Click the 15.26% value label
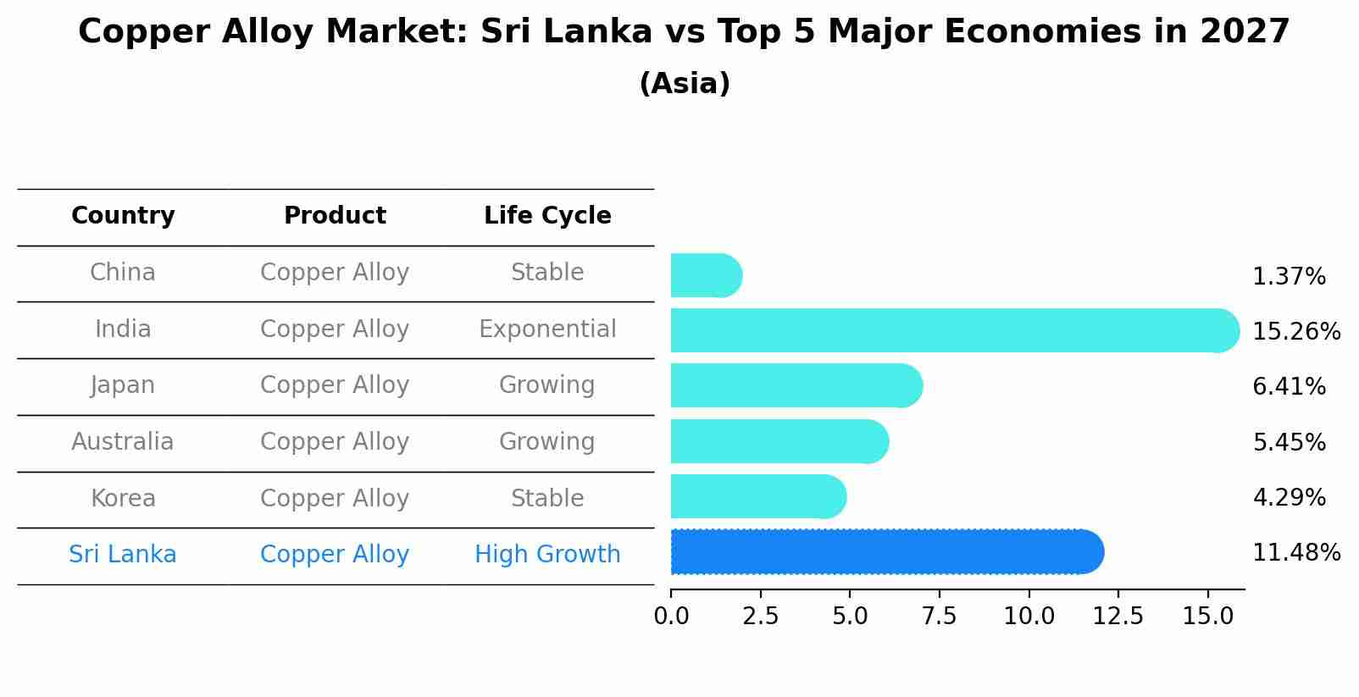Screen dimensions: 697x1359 coord(1295,332)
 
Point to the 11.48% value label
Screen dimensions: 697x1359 coord(1295,553)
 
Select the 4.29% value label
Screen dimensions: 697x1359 coord(1289,498)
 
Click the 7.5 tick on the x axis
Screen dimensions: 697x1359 coord(939,617)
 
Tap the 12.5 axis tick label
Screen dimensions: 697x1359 coord(1118,617)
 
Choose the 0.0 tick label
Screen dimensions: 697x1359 coord(671,617)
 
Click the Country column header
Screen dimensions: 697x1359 coord(123,216)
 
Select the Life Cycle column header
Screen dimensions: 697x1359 coord(547,216)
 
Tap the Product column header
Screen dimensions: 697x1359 coord(335,216)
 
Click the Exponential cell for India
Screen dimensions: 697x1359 coord(547,329)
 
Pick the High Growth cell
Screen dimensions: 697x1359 coord(547,555)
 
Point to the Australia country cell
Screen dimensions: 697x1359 coord(123,442)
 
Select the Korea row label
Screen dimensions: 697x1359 coord(123,499)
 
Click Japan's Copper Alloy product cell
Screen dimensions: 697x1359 coord(335,385)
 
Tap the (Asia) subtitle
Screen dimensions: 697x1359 coord(685,84)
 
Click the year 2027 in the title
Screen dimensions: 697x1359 coord(1244,32)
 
